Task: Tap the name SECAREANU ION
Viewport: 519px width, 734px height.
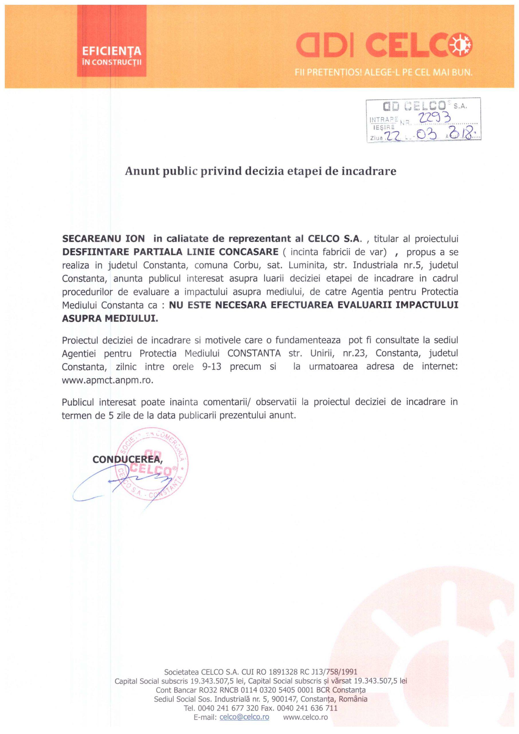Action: [103, 239]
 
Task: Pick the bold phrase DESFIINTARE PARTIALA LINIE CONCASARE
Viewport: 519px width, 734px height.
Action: [170, 252]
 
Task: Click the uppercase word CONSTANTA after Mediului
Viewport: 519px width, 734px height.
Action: [254, 353]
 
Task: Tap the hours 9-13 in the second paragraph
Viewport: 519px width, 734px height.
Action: [211, 366]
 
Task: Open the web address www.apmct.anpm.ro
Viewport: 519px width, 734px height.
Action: [108, 380]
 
